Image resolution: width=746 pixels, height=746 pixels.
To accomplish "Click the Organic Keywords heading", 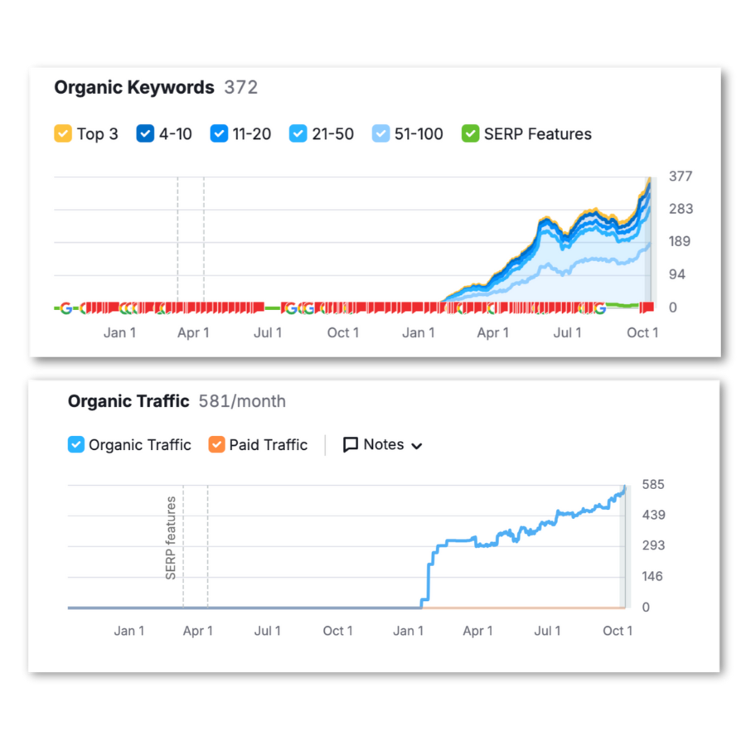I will (x=134, y=88).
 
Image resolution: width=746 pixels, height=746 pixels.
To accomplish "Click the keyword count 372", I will (x=241, y=88).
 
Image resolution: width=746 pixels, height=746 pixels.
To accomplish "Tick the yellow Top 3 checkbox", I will (x=63, y=133).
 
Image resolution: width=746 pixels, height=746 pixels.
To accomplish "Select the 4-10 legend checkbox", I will (x=145, y=133).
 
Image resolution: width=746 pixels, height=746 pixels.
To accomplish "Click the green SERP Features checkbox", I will (x=471, y=133).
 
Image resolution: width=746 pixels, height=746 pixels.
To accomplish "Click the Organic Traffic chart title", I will (x=128, y=402).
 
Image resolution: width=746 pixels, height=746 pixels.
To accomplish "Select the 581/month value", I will (x=242, y=402).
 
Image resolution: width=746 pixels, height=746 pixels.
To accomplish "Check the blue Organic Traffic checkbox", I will (x=76, y=445).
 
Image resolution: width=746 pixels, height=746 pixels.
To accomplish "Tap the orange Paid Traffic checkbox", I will (x=216, y=445).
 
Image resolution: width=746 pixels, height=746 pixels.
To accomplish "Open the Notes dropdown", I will (x=383, y=445).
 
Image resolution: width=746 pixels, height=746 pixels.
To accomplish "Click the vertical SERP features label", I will (x=171, y=538).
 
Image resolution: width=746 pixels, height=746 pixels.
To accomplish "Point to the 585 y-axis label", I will (x=652, y=484).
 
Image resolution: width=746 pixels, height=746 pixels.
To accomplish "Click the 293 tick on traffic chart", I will (x=652, y=545).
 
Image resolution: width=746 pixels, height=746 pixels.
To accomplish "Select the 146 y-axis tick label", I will (x=652, y=576).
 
